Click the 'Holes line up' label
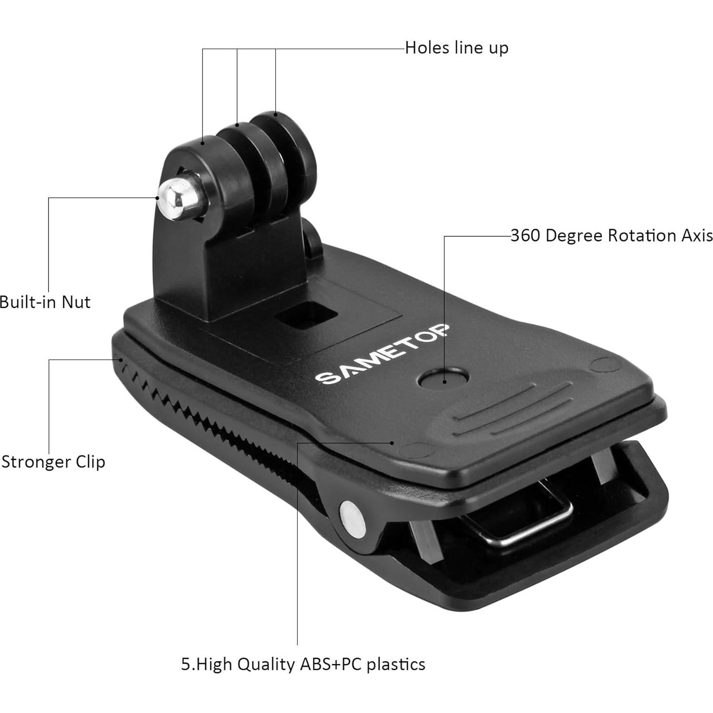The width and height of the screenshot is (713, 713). (456, 48)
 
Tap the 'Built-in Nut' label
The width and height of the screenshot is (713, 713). (45, 302)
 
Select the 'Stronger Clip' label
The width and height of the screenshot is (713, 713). (53, 462)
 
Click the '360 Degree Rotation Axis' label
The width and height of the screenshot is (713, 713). (611, 236)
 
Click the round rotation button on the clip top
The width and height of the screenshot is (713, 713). (443, 379)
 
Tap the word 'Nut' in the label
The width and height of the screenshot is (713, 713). (76, 302)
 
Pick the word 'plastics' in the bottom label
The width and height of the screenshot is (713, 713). (395, 664)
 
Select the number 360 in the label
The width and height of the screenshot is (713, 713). (525, 236)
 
